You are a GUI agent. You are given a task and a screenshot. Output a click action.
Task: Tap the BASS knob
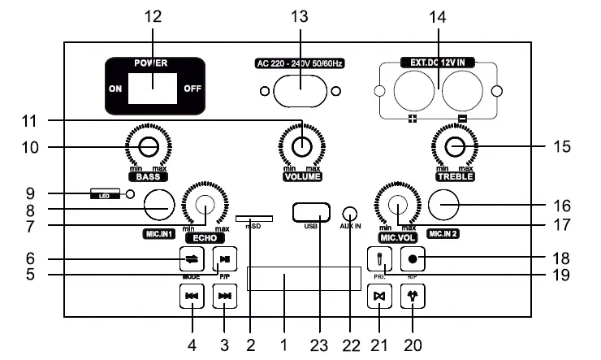(x=148, y=147)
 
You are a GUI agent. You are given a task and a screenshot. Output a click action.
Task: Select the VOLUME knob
(x=302, y=147)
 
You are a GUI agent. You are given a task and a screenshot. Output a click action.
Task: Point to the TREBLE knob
(x=455, y=147)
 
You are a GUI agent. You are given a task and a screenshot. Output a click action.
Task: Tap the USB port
(x=312, y=211)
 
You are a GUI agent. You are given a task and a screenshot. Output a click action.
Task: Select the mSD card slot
(x=254, y=218)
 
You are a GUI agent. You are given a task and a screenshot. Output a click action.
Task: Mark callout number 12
(x=153, y=16)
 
